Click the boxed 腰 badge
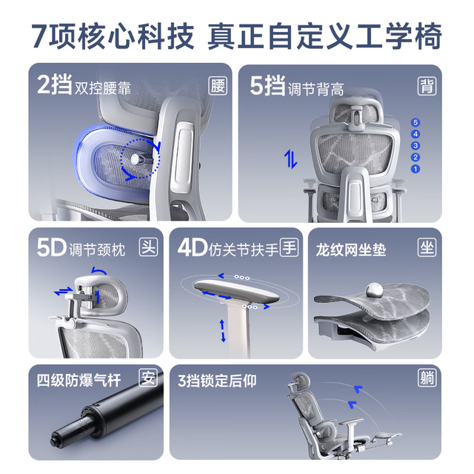pyautogui.click(x=218, y=86)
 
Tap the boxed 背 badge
pyautogui.click(x=427, y=86)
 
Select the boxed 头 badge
pyautogui.click(x=148, y=247)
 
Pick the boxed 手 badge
pyautogui.click(x=290, y=247)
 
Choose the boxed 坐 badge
pyautogui.click(x=427, y=247)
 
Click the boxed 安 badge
pyautogui.click(x=148, y=378)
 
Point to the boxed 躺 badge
pyautogui.click(x=427, y=378)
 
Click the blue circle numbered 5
pyautogui.click(x=415, y=122)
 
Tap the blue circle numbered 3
pyautogui.click(x=415, y=146)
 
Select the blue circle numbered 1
pyautogui.click(x=415, y=169)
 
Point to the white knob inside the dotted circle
pyautogui.click(x=135, y=158)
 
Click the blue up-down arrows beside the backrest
pyautogui.click(x=290, y=159)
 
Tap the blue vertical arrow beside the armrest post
pyautogui.click(x=223, y=331)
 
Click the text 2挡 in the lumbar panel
pyautogui.click(x=55, y=84)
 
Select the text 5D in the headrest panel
pyautogui.click(x=51, y=247)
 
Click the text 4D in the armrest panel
pyautogui.click(x=193, y=247)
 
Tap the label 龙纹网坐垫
pyautogui.click(x=351, y=250)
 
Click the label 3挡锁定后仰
pyautogui.click(x=217, y=381)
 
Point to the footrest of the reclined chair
pyautogui.click(x=386, y=436)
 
